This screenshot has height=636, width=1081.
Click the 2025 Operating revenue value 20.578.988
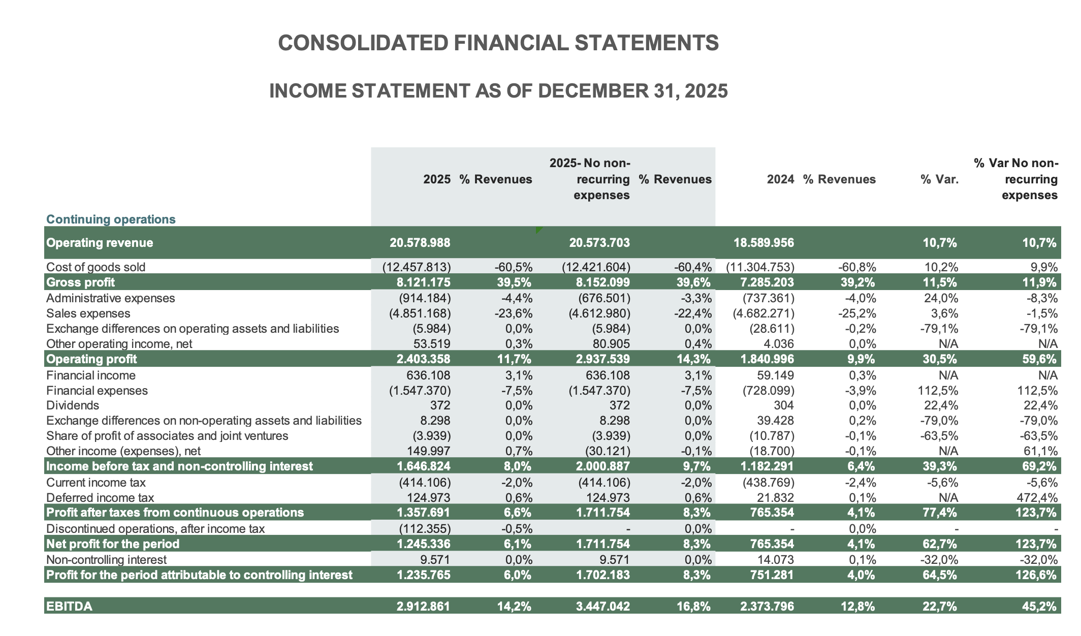coord(420,243)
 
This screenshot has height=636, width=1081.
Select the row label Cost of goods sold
coord(96,267)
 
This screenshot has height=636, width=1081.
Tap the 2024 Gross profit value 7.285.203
coord(764,282)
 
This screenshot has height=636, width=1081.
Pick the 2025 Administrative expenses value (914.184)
coord(420,298)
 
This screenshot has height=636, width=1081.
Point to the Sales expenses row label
coord(88,313)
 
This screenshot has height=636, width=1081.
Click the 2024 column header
coord(780,179)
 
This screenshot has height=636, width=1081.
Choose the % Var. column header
coord(939,179)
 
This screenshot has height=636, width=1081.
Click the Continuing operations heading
coord(111,219)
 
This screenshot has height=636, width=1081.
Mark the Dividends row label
coord(72,405)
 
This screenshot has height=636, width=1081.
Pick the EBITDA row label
coord(69,606)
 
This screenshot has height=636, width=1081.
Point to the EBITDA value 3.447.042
coord(599,606)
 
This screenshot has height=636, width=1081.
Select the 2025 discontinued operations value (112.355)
coord(420,529)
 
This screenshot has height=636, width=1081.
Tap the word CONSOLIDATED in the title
coord(363,43)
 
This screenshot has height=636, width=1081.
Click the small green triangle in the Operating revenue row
coord(539,230)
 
